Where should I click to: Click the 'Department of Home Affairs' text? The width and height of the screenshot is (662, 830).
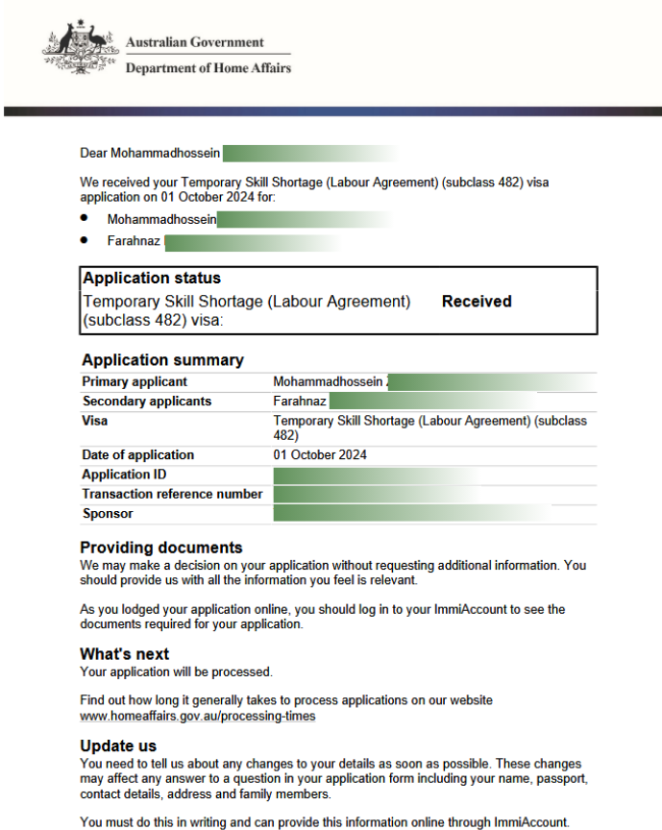pos(208,68)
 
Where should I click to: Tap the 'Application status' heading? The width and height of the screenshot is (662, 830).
pos(152,279)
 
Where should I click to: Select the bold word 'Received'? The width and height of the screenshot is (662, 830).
pos(477,302)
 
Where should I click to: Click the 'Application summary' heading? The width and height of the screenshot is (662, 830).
pos(162,360)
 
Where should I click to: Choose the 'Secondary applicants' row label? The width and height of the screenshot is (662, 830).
pos(147,401)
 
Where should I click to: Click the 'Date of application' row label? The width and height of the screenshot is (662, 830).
pos(138,455)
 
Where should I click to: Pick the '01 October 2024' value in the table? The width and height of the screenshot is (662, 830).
pos(320,455)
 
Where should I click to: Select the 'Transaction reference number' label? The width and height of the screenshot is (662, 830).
pos(172,494)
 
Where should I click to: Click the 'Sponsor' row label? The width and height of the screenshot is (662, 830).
pos(108,513)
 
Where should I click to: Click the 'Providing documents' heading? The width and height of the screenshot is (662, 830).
pos(161,549)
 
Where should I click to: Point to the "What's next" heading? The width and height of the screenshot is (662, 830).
pos(124,654)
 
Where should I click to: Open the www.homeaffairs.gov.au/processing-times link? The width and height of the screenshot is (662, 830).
pos(197,717)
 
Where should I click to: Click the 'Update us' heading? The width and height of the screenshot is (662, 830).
pos(118,746)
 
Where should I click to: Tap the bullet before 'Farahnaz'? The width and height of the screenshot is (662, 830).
pos(86,240)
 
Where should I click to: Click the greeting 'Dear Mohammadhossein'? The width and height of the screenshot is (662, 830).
pos(151,153)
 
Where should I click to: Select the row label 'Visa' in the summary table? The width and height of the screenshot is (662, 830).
pos(95,421)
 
